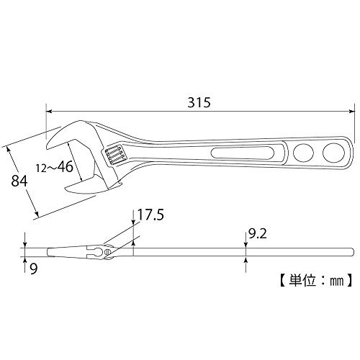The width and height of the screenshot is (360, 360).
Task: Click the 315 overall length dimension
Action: click(x=199, y=102)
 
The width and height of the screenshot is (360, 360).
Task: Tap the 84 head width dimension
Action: click(x=19, y=181)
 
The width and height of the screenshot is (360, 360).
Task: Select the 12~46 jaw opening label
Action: click(x=55, y=167)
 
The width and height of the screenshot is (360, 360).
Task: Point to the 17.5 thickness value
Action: click(x=150, y=215)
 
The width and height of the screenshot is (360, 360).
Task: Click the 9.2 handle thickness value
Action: click(x=258, y=233)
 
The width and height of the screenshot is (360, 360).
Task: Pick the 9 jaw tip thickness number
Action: click(x=34, y=269)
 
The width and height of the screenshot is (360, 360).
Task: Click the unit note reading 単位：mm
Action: click(x=316, y=280)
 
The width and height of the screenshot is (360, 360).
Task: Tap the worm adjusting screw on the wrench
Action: click(x=114, y=156)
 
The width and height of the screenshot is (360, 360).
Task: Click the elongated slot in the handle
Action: click(x=243, y=153)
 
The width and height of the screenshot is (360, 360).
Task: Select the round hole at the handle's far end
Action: click(x=333, y=153)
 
